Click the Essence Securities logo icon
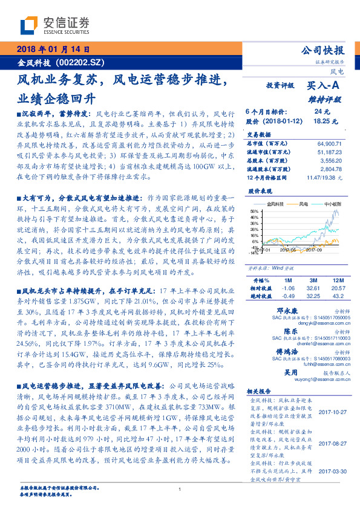pyautogui.click(x=28, y=24)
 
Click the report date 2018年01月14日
pyautogui.click(x=53, y=49)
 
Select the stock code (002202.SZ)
pyautogui.click(x=79, y=61)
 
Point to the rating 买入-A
pyautogui.click(x=324, y=86)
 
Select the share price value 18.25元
pyautogui.click(x=321, y=121)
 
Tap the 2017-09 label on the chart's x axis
pyautogui.click(x=314, y=248)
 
